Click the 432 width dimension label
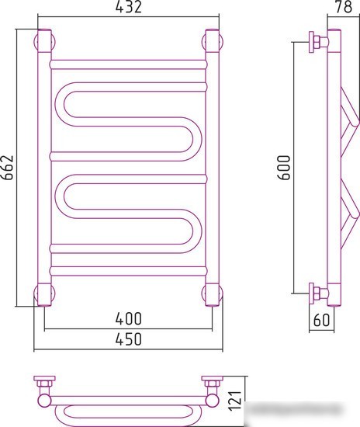click(129, 7)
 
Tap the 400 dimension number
click(129, 318)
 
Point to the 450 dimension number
click(129, 338)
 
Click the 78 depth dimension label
click(344, 7)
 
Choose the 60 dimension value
click(321, 320)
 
